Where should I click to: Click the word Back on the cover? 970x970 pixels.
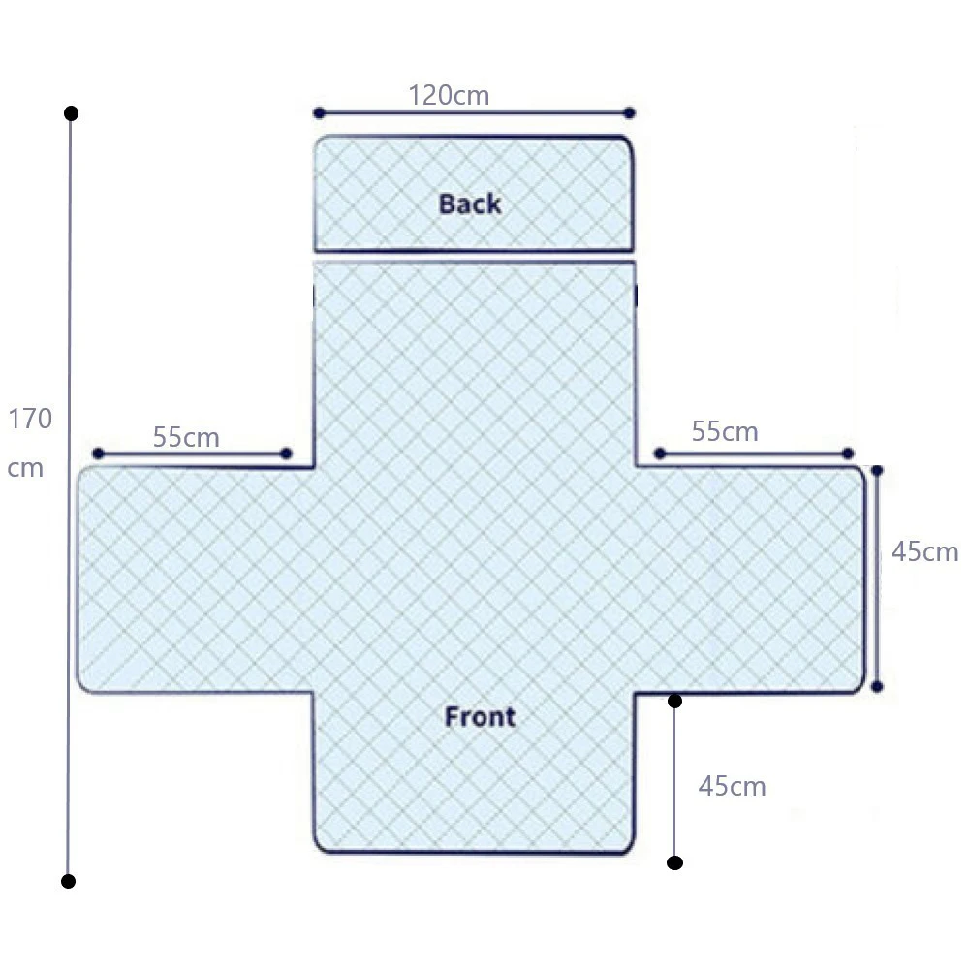click(470, 204)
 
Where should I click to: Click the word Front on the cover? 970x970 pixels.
click(480, 717)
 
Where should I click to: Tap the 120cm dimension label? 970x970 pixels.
click(449, 95)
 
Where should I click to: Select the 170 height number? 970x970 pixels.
click(30, 419)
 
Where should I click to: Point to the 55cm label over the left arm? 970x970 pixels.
click(186, 437)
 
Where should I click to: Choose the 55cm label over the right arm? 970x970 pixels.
click(725, 431)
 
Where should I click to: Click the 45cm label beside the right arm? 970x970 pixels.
click(924, 551)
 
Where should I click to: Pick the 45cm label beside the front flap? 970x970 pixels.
click(733, 786)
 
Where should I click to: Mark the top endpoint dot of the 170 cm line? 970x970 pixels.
click(71, 113)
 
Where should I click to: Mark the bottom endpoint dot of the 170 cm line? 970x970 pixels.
click(68, 882)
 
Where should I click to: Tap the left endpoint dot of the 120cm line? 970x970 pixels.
click(319, 112)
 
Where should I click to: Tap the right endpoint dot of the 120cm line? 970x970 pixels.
click(630, 112)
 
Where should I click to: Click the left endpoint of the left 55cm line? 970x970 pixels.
click(98, 454)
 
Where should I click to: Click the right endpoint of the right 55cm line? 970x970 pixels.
click(848, 454)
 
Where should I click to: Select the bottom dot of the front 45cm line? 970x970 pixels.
click(674, 862)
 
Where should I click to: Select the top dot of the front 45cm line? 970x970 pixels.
click(674, 701)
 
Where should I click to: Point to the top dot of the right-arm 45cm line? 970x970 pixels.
click(877, 471)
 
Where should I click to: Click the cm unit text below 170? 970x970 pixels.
click(25, 468)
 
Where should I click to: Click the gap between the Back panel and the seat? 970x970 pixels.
click(475, 257)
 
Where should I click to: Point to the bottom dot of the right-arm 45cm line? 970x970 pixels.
click(877, 687)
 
